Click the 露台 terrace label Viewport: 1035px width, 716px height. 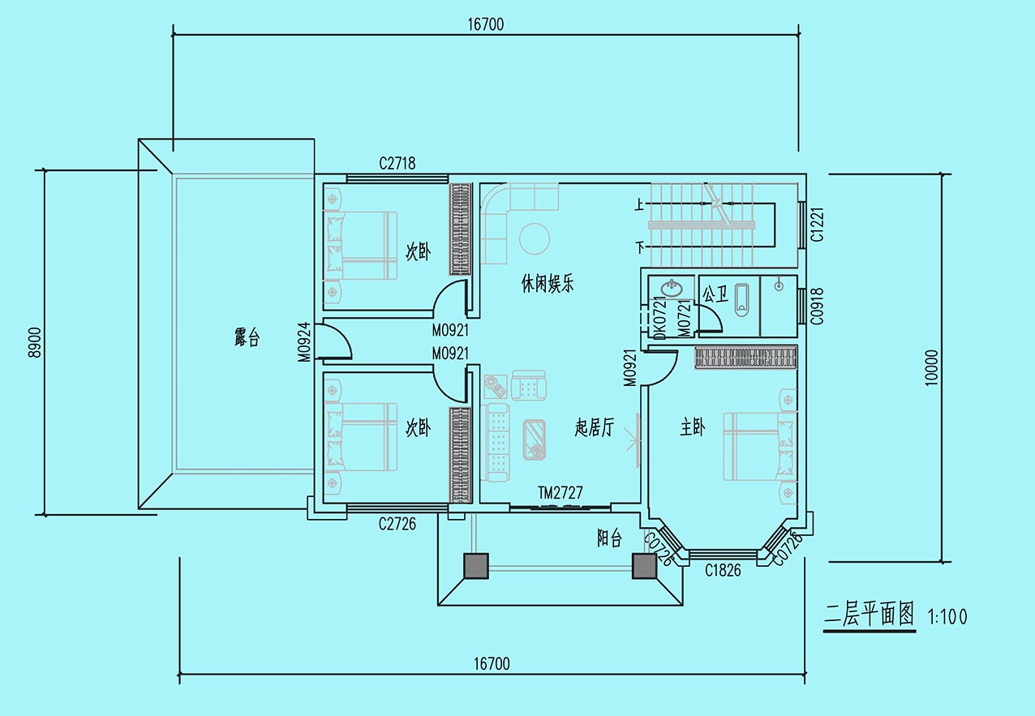pyautogui.click(x=247, y=337)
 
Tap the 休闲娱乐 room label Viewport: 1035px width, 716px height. pyautogui.click(x=548, y=283)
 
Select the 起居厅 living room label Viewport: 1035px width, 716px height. pyautogui.click(x=595, y=428)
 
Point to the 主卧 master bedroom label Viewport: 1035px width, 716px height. pyautogui.click(x=693, y=427)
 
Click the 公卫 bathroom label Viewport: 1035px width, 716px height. pyautogui.click(x=715, y=294)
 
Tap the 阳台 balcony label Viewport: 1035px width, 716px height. pyautogui.click(x=609, y=538)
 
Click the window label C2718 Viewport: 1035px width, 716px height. pyautogui.click(x=397, y=163)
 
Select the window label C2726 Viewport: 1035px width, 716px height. pyautogui.click(x=397, y=524)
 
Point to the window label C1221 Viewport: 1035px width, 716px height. pyautogui.click(x=818, y=225)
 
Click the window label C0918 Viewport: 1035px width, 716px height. pyautogui.click(x=818, y=306)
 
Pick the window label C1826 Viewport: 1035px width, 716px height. pyautogui.click(x=723, y=571)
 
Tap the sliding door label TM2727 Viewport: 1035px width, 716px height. pyautogui.click(x=560, y=493)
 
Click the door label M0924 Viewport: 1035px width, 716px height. pyautogui.click(x=304, y=342)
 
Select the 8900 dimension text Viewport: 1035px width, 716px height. pyautogui.click(x=35, y=342)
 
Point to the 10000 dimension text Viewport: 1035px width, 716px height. pyautogui.click(x=932, y=367)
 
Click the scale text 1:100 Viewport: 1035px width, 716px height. pyautogui.click(x=947, y=617)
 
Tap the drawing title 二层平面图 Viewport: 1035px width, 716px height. pyautogui.click(x=869, y=615)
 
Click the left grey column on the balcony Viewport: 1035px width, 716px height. pyautogui.click(x=476, y=566)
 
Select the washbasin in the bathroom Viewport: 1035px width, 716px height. pyautogui.click(x=672, y=288)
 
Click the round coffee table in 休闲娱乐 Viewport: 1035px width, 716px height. pyautogui.click(x=535, y=239)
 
